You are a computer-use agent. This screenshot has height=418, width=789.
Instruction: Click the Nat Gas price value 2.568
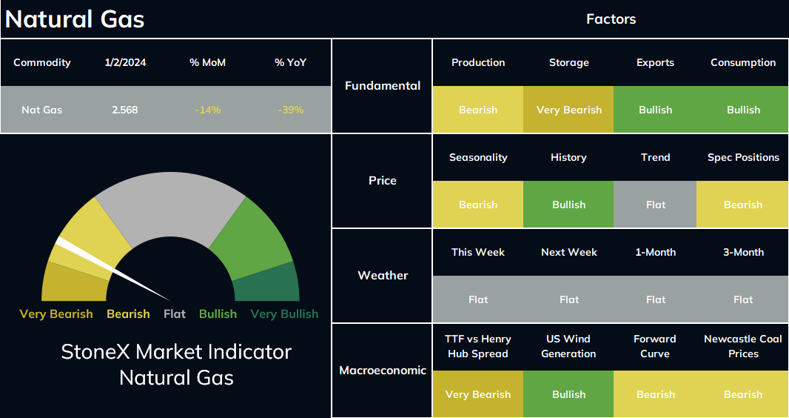pos(125,110)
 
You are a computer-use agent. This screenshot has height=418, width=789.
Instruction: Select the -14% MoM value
pos(208,110)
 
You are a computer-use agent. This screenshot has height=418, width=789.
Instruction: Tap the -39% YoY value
pos(290,110)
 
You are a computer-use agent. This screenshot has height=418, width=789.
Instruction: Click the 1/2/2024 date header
pos(125,62)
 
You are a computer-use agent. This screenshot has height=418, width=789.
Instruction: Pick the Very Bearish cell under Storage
pos(568,110)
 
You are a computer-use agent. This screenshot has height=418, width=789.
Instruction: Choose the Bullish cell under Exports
pos(655,110)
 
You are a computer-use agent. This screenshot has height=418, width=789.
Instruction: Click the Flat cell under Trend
pos(655,205)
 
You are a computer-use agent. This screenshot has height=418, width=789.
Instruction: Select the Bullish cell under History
pos(568,205)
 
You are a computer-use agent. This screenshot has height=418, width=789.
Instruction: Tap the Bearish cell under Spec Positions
pos(742,205)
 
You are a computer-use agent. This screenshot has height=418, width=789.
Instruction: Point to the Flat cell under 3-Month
pos(742,299)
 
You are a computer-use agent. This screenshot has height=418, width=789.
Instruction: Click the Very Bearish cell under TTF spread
pos(478,394)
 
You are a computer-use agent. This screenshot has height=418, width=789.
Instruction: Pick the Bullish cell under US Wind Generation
pos(568,394)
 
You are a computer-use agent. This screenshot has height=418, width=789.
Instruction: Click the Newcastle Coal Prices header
pos(743,346)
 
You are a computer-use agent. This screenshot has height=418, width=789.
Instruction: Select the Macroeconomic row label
pos(383,370)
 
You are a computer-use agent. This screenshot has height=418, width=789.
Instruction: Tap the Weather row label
pos(383,276)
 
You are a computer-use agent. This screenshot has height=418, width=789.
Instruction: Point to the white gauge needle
pos(112,268)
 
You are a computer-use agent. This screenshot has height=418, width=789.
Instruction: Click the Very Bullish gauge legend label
pos(284,313)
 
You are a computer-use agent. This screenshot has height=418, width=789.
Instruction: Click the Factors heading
pos(611,19)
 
